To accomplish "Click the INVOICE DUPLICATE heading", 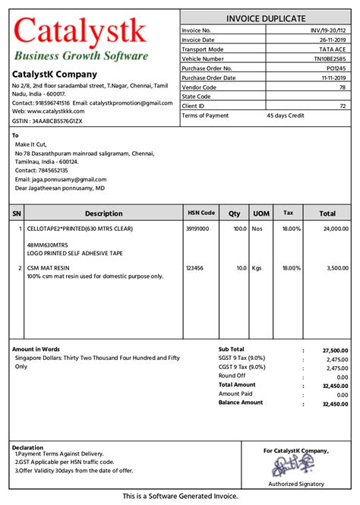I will click(x=266, y=18).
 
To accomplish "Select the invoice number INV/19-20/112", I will click(x=329, y=30).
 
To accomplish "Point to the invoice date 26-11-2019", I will click(x=333, y=39).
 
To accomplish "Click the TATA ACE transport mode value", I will click(x=335, y=49).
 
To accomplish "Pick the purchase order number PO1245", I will click(x=337, y=68).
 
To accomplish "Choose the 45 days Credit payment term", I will click(x=285, y=115).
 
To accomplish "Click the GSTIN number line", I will click(x=47, y=121).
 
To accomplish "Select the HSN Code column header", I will click(x=201, y=213).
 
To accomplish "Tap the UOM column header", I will click(x=261, y=213).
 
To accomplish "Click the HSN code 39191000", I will click(x=197, y=228).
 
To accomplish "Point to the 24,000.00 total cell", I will click(x=333, y=228).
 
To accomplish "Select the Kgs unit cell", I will click(x=258, y=268).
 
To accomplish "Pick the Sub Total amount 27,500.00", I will click(x=334, y=350).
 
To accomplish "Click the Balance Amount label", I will click(x=241, y=402).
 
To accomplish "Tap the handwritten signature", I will click(x=297, y=466).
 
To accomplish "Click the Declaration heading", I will click(x=28, y=447).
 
